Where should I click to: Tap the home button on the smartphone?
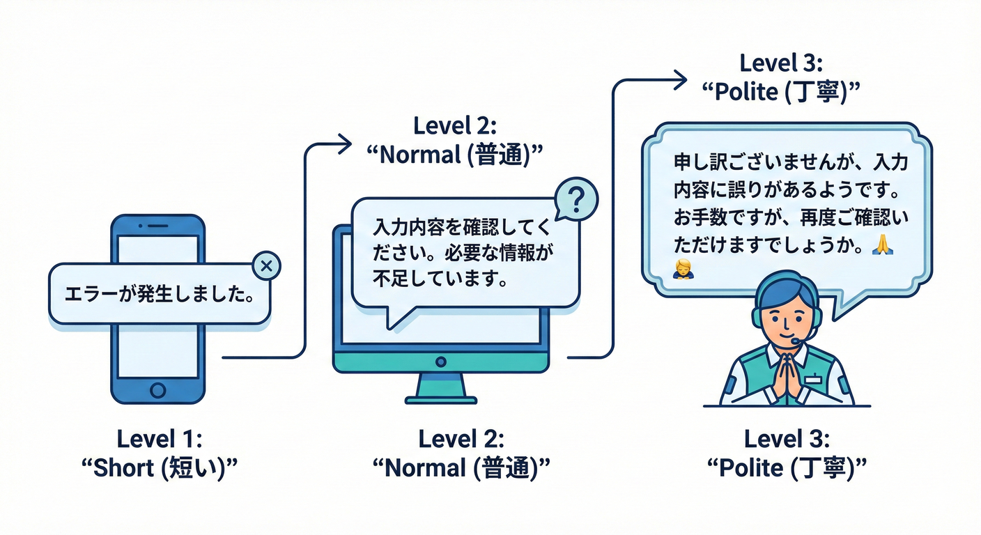coord(158,389)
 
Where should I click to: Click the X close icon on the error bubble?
coord(265,265)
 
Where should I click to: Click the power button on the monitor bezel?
coord(440,362)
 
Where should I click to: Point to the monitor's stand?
coord(440,387)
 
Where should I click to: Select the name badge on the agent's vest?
coord(814,379)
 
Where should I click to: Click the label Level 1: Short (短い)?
coord(160,453)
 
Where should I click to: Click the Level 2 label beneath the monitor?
coord(461,453)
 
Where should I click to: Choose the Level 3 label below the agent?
coord(787,453)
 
